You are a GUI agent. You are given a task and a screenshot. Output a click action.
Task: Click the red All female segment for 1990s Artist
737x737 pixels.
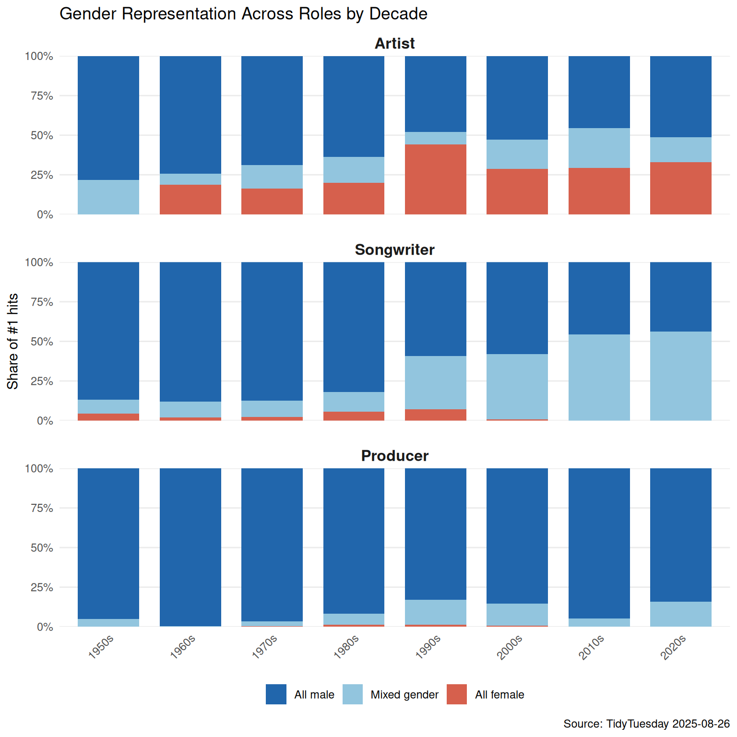click(x=435, y=179)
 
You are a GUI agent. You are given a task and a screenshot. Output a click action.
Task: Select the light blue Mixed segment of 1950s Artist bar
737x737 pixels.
click(x=108, y=197)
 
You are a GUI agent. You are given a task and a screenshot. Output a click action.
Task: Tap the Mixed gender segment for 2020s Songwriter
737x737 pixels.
click(x=680, y=376)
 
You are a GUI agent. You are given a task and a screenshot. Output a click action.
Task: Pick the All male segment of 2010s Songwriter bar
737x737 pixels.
click(x=599, y=298)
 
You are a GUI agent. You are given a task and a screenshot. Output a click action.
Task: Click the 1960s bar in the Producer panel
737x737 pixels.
click(x=190, y=547)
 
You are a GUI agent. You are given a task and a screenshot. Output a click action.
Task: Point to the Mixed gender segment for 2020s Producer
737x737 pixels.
click(x=680, y=614)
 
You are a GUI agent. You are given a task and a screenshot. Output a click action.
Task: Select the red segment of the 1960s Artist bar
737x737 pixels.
click(x=190, y=200)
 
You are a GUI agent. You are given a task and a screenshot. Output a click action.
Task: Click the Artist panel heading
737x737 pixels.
click(x=394, y=44)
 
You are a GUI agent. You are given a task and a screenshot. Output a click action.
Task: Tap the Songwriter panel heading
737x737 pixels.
click(x=394, y=250)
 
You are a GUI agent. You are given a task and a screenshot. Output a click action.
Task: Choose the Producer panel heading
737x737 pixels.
click(x=394, y=456)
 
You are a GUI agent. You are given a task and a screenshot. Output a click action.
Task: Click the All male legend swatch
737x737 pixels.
click(x=276, y=694)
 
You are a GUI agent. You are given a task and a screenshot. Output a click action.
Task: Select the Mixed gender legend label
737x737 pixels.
click(x=404, y=695)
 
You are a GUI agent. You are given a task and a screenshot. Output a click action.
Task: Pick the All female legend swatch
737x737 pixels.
click(x=456, y=694)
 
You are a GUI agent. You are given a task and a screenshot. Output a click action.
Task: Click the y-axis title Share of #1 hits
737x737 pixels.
click(x=13, y=341)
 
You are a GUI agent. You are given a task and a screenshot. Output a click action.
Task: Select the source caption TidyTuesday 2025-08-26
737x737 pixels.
click(x=646, y=724)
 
